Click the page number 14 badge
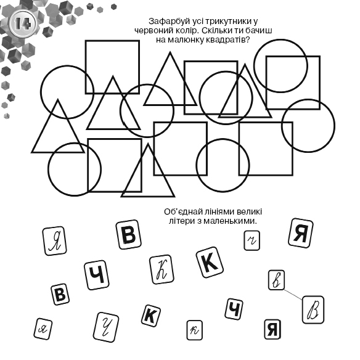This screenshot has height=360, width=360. coord(23,23)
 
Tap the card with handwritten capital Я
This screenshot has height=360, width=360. coord(55,241)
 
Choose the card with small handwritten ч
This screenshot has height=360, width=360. coord(252,240)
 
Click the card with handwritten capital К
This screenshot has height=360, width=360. coord(162,270)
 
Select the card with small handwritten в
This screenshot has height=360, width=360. coord(276,280)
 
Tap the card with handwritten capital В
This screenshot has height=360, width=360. coord(313,310)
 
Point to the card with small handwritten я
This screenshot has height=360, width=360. coord(43,329)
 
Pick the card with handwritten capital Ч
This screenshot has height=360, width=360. coord(106,327)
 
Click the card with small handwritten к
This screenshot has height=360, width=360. coord(194,330)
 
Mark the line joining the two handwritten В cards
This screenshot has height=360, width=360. coord(293,294)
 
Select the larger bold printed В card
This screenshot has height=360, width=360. coord(129,235)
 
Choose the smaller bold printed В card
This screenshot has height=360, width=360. coord(60,294)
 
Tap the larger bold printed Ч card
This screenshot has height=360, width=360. coord(97,275)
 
